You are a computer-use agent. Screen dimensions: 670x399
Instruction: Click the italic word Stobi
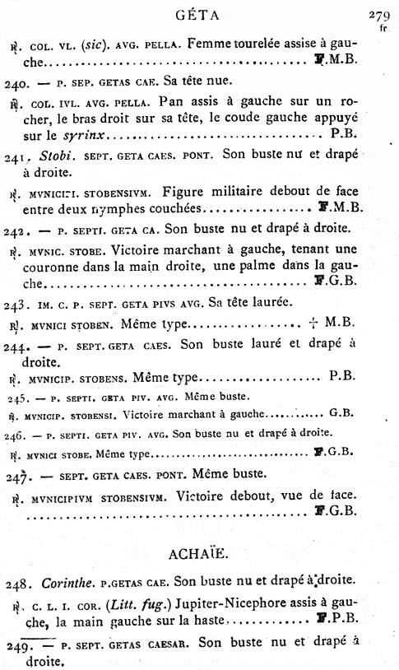[x=53, y=156]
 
